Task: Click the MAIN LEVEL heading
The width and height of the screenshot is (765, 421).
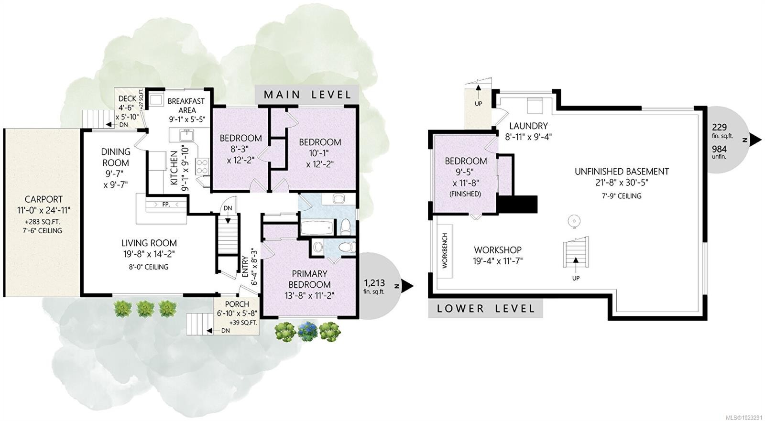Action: pos(307,95)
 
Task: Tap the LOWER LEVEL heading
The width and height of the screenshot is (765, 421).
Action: pos(486,309)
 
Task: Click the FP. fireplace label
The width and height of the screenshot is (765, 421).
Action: pos(166,205)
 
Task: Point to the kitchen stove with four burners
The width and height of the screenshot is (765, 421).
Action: pos(202,167)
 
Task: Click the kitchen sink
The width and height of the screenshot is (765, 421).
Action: pos(186,135)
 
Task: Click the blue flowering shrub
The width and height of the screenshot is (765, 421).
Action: pos(307,331)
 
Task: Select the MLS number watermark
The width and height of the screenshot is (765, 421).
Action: pos(746,417)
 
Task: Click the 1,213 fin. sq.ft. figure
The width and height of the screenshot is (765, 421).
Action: pos(374,286)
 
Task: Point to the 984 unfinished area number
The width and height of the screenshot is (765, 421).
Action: pos(719,149)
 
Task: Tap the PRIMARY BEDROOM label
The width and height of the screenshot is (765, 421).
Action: pos(309,279)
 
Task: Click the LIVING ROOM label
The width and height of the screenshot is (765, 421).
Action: pos(149,243)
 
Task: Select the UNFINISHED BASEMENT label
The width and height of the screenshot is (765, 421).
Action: pos(622,172)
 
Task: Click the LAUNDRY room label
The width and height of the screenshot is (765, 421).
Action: pos(528,126)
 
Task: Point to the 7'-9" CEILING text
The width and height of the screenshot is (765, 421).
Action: pos(622,196)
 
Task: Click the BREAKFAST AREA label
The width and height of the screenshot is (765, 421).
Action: pos(186,106)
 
